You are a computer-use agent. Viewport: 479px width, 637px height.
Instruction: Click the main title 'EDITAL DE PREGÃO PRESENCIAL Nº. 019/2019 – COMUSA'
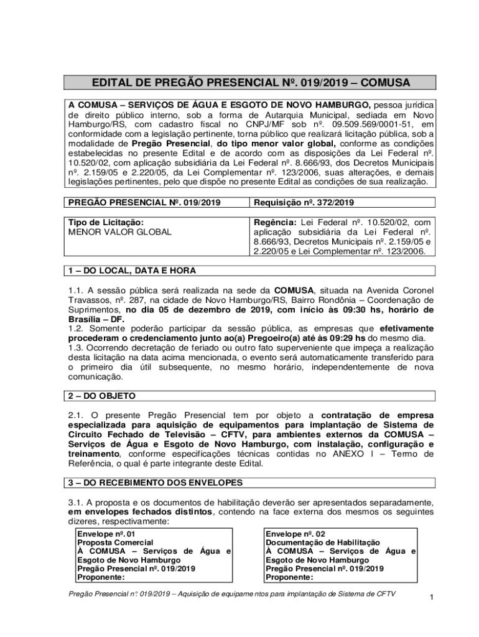pyautogui.click(x=251, y=83)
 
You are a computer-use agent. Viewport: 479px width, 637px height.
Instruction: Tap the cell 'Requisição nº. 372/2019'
pyautogui.click(x=304, y=202)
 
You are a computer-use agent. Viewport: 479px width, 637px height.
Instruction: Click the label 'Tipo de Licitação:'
pyautogui.click(x=106, y=222)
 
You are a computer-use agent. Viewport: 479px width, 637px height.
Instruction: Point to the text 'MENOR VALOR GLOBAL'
pyautogui.click(x=119, y=232)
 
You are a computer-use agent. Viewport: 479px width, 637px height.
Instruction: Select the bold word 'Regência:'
pyautogui.click(x=275, y=222)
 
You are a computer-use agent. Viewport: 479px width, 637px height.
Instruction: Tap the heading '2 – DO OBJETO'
pyautogui.click(x=101, y=396)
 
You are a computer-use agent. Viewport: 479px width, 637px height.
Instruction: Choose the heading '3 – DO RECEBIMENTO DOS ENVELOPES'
pyautogui.click(x=156, y=483)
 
